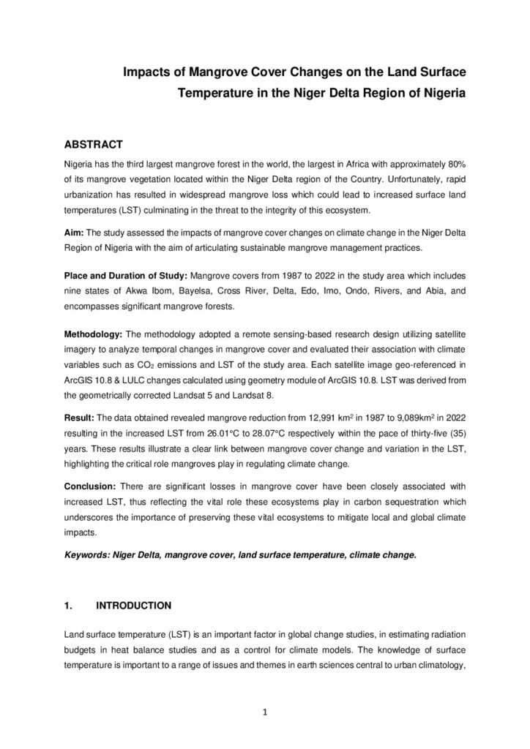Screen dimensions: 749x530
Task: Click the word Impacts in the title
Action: click(x=146, y=72)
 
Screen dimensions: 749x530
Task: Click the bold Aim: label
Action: click(x=75, y=232)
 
